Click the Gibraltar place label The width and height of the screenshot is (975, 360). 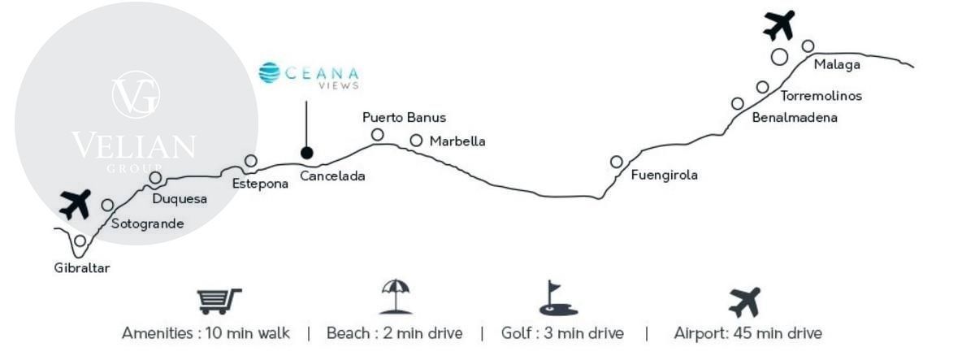tap(81, 267)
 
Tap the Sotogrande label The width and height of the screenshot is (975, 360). tap(147, 223)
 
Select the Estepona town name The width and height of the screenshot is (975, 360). tap(259, 184)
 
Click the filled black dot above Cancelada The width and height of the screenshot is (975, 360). tap(306, 152)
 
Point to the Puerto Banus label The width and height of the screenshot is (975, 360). tap(404, 118)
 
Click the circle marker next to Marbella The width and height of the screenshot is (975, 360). tap(416, 141)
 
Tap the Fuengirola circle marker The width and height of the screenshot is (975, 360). tap(617, 162)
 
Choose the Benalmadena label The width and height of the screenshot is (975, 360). tap(795, 118)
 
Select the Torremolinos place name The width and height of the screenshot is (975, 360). tap(821, 96)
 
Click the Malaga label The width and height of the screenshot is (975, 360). tap(836, 65)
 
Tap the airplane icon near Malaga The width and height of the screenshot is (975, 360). tap(778, 24)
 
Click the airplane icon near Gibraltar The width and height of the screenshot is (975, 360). tap(76, 204)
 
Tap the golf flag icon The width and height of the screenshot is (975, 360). tap(558, 299)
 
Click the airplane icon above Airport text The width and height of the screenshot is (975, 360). tap(744, 301)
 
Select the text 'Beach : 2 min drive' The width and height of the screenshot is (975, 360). tap(394, 333)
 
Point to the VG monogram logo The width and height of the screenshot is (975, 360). tap(135, 93)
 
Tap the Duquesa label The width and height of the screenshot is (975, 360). tap(180, 198)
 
